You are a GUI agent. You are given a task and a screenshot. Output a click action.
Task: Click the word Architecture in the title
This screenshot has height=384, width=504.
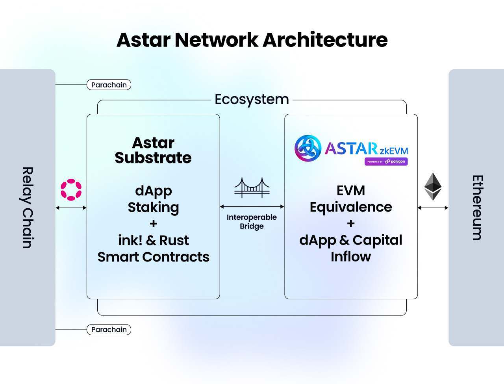click(x=325, y=40)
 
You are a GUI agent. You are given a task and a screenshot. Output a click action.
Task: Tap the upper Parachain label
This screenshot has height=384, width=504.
click(x=109, y=85)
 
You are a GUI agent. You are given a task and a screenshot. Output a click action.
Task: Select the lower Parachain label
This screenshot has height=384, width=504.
click(x=109, y=330)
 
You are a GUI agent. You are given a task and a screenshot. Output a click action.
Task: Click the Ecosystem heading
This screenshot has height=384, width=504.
click(x=252, y=99)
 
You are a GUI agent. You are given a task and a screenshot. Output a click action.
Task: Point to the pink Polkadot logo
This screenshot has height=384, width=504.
click(x=71, y=190)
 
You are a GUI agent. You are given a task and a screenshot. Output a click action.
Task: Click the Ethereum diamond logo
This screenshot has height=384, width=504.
click(x=433, y=187)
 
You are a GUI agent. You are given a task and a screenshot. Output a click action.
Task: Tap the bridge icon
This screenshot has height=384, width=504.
click(x=252, y=187)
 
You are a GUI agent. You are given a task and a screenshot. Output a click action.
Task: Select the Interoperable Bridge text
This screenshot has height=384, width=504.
click(x=252, y=222)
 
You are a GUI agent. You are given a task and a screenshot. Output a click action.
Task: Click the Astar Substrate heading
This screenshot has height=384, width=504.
click(x=153, y=150)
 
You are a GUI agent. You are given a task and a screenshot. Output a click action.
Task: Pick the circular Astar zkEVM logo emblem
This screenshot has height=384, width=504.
click(x=308, y=148)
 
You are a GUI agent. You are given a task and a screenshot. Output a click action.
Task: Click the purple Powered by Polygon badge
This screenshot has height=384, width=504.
click(x=386, y=161)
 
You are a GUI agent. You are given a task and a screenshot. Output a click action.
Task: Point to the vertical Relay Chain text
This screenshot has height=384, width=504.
click(x=27, y=208)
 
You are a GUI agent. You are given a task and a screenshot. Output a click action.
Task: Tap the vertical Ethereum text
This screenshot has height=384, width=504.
click(x=477, y=208)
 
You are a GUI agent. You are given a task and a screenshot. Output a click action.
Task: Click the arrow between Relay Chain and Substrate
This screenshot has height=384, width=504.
click(x=71, y=208)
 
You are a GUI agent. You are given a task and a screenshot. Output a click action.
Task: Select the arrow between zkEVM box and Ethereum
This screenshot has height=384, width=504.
click(x=433, y=208)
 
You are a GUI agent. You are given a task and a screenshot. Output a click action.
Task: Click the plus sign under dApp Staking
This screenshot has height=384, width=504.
click(x=153, y=224)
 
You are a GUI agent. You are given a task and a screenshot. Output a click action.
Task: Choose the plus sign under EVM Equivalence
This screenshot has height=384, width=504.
click(x=351, y=223)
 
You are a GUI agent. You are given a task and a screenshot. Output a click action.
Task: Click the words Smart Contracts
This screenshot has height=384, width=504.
click(x=153, y=257)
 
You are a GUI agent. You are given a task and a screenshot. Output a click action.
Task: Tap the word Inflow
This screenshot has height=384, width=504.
click(x=351, y=256)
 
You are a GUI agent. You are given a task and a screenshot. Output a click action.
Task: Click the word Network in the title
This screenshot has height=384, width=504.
click(x=217, y=40)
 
